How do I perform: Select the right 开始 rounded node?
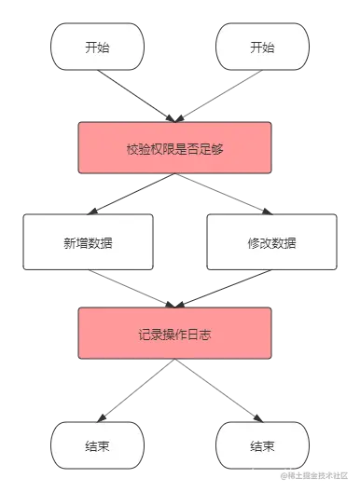tap(262, 48)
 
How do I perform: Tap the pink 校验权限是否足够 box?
tap(175, 147)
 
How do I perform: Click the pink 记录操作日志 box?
tap(175, 335)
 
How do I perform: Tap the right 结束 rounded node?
tap(262, 446)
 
